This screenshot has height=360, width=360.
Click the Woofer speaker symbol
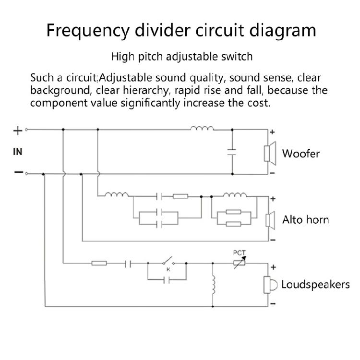click(x=270, y=154)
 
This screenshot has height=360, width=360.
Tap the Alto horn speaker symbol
click(x=270, y=220)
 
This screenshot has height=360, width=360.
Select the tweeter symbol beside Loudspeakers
click(x=270, y=285)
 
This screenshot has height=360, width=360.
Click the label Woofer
click(x=301, y=154)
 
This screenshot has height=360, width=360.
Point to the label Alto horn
click(x=305, y=220)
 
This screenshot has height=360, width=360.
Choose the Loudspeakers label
click(x=315, y=285)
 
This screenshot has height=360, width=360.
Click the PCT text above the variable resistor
click(x=239, y=253)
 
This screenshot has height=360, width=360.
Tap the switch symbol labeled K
click(x=168, y=261)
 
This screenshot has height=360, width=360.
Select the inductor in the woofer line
click(x=202, y=128)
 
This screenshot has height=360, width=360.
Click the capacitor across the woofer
click(x=232, y=152)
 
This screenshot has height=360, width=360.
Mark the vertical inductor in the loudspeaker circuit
click(x=213, y=285)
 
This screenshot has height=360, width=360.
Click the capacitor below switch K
click(x=167, y=280)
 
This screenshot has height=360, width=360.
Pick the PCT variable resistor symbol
click(x=240, y=263)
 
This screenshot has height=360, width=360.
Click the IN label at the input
click(x=18, y=152)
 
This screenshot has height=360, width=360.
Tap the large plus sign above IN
click(x=18, y=131)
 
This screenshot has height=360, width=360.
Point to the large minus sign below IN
click(x=18, y=172)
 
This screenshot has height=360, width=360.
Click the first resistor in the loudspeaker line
click(x=99, y=263)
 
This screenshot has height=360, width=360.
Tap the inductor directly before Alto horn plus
click(x=235, y=195)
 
